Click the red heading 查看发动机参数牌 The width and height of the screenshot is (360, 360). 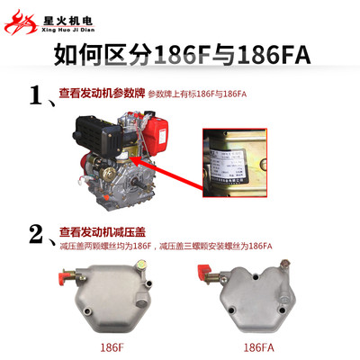[100, 93]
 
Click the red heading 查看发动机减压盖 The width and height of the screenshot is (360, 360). [100, 232]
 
